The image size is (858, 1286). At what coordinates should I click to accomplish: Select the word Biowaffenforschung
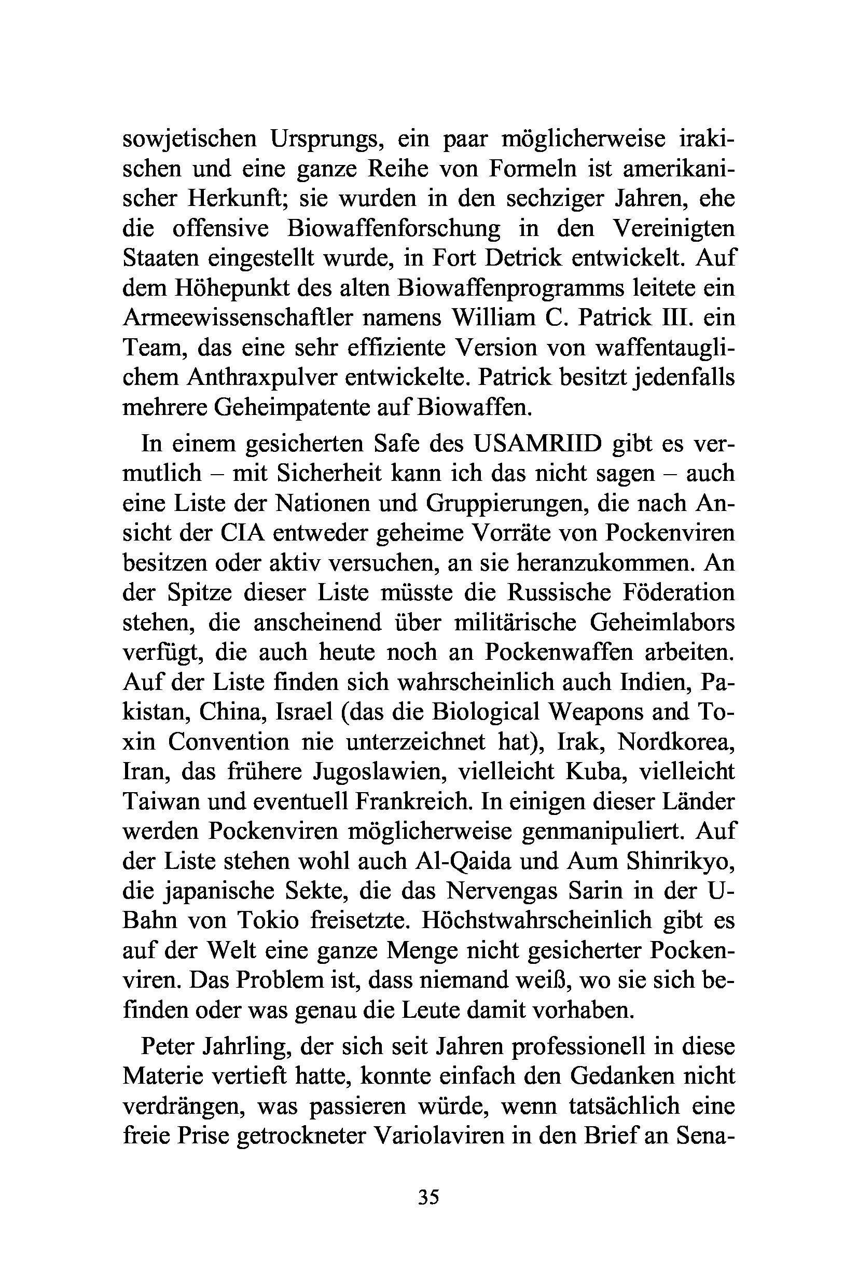point(393,228)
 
